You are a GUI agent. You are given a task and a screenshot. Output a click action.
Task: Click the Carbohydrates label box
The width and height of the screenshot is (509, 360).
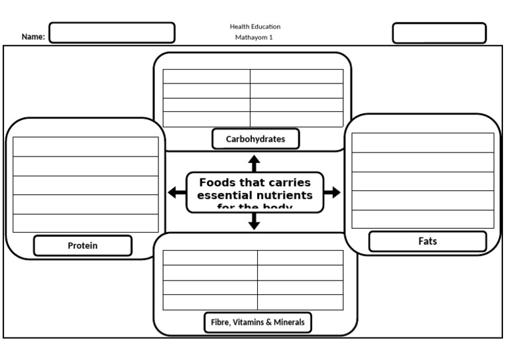(x=256, y=139)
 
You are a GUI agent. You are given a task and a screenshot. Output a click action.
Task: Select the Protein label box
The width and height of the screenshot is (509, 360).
(x=83, y=245)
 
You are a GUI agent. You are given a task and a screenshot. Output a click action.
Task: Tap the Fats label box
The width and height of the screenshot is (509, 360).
(x=427, y=241)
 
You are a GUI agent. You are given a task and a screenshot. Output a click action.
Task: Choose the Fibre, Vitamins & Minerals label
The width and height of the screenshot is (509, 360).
(x=258, y=322)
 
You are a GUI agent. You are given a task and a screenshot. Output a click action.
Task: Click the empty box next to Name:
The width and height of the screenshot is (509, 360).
(x=112, y=32)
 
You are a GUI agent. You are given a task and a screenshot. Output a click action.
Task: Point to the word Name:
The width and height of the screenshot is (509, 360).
(x=33, y=37)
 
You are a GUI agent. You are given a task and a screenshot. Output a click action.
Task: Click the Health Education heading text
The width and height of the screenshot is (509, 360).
(x=254, y=27)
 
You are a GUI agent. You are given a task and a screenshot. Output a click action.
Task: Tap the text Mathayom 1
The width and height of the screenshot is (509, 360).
(x=254, y=38)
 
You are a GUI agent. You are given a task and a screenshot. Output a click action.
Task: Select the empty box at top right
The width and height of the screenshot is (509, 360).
(x=439, y=33)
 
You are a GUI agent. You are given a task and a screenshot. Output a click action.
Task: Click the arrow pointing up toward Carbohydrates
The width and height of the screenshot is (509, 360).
(x=254, y=163)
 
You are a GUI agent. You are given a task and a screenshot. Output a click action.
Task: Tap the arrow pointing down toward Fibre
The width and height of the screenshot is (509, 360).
(x=254, y=222)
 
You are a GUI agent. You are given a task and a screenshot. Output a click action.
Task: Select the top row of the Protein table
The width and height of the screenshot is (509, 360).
(x=85, y=147)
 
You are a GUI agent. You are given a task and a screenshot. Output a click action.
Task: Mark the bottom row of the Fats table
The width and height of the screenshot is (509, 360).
(x=422, y=219)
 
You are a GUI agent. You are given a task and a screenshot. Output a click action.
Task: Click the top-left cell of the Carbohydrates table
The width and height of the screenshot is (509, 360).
(x=206, y=76)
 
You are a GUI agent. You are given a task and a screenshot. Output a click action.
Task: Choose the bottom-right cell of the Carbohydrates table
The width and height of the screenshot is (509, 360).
(x=296, y=119)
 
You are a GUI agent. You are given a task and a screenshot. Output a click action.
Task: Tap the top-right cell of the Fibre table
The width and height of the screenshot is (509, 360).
(x=300, y=257)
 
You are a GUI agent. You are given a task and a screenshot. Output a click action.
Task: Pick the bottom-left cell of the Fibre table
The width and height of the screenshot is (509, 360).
(x=210, y=302)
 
